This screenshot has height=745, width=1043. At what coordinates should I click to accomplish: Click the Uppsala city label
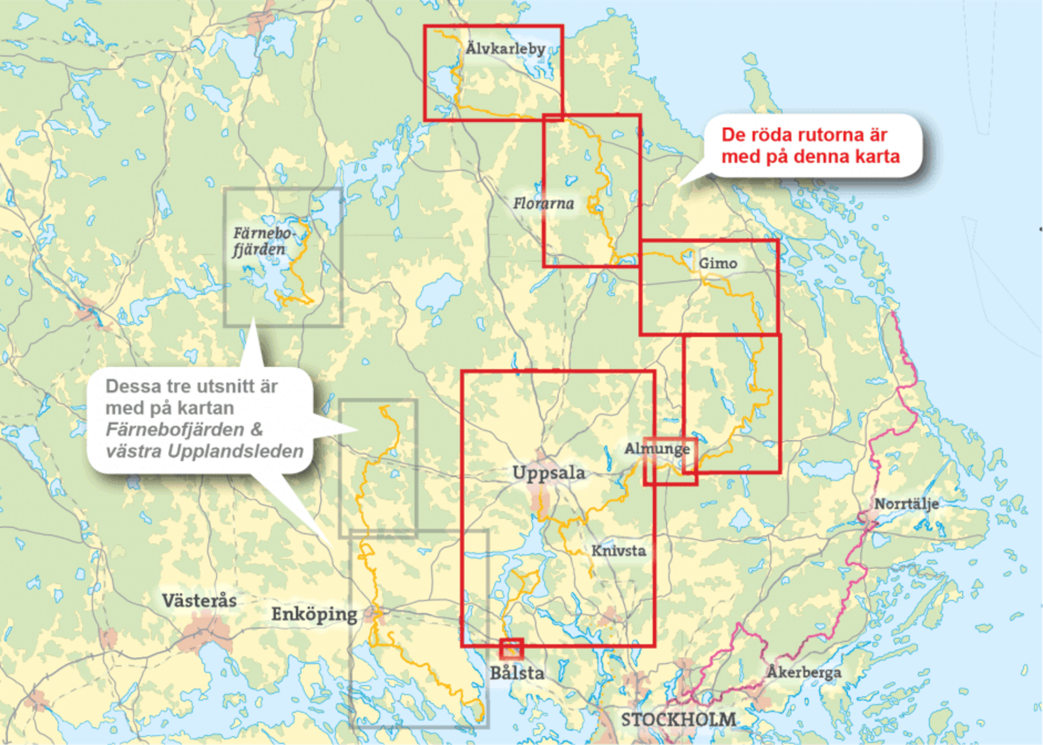[x=548, y=473]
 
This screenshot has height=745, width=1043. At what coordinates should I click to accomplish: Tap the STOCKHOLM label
[x=678, y=720]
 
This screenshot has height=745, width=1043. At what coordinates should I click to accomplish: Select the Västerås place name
[x=199, y=601]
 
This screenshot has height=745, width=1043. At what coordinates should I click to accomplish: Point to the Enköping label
[x=314, y=615]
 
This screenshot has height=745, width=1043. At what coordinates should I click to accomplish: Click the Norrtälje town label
[x=906, y=504]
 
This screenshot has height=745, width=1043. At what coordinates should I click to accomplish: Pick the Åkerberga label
[x=804, y=672]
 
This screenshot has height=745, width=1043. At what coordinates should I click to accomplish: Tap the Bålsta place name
[x=517, y=673]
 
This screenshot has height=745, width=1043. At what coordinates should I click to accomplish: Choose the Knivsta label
[x=618, y=551]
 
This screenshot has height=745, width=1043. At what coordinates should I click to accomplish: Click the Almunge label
[x=657, y=449]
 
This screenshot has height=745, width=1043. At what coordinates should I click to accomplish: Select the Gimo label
[x=718, y=263]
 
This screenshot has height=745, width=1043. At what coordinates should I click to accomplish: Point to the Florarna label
[x=543, y=203]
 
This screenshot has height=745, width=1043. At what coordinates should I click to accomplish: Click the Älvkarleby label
[x=505, y=49]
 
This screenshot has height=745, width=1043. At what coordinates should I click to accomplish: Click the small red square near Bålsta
[x=511, y=649]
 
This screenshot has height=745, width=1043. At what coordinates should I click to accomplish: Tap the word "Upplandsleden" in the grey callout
[x=235, y=451]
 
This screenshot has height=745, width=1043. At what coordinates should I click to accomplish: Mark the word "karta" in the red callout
[x=874, y=157]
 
